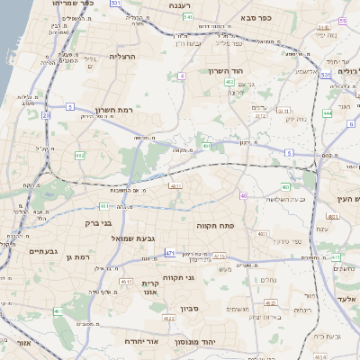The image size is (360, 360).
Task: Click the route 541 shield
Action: pyautogui.click(x=186, y=16)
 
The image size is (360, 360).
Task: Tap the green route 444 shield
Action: pyautogui.click(x=327, y=113)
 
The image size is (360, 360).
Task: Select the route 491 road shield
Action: pyautogui.click(x=207, y=145)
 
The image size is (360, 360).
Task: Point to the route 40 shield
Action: pyautogui.click(x=244, y=195)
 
